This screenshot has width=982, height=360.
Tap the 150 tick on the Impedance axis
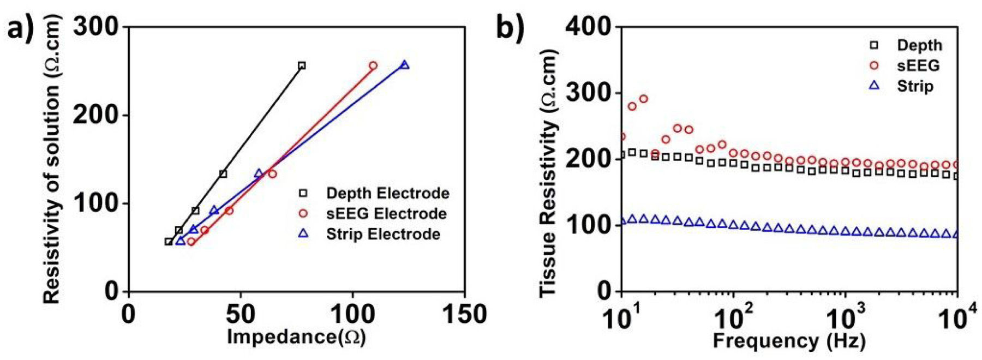coord(464,315)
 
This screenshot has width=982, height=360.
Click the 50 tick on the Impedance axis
coord(240,315)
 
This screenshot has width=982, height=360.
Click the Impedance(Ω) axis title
coord(296,337)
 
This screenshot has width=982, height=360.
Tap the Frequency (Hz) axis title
coord(789,340)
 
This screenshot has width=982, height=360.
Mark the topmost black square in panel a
coord(302,65)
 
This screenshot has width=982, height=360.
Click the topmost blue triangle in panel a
coord(404,65)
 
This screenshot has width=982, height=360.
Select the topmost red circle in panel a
coord(373,65)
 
